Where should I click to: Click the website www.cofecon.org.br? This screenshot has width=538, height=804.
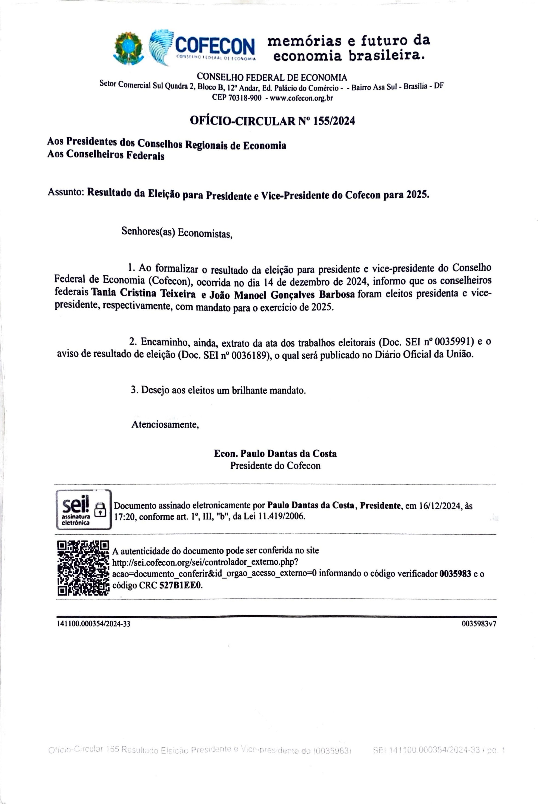[301, 98]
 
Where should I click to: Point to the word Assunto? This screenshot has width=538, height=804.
[66, 192]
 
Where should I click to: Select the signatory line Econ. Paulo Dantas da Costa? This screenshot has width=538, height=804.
[275, 453]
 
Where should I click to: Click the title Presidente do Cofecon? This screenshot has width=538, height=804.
[275, 465]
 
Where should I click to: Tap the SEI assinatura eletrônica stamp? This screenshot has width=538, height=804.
[84, 510]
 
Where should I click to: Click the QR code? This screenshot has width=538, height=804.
[83, 568]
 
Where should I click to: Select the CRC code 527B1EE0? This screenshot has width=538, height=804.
[181, 585]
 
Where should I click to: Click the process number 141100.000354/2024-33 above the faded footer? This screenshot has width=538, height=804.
[93, 624]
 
